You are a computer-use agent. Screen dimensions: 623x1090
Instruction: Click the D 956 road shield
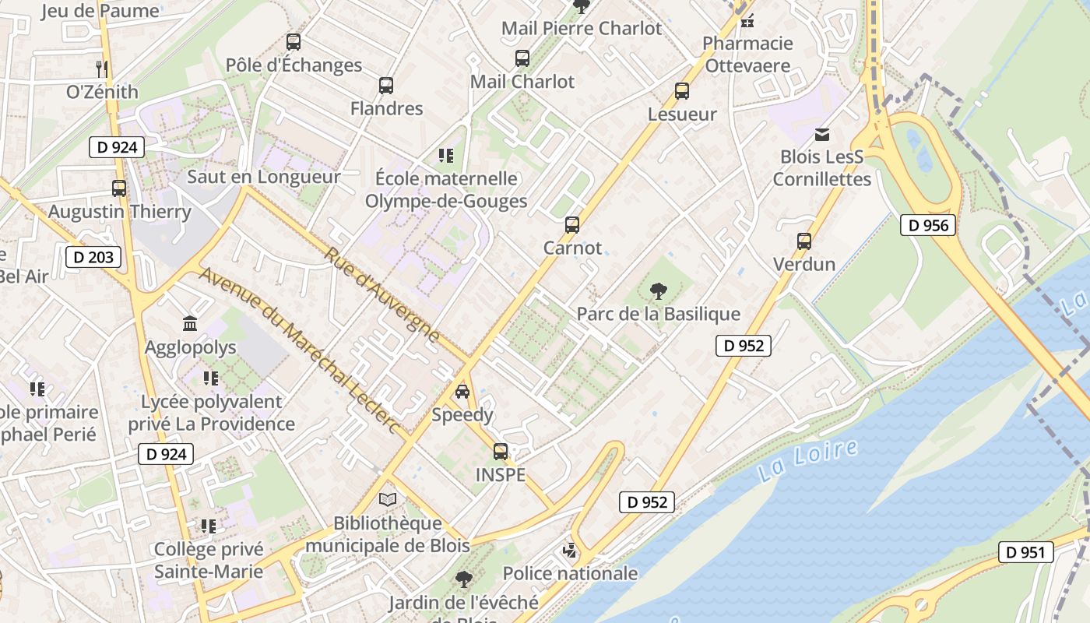(928, 225)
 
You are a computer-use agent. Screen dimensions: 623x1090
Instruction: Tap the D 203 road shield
(93, 257)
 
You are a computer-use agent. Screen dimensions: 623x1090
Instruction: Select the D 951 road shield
(1025, 552)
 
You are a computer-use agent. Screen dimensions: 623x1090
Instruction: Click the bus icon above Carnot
(572, 225)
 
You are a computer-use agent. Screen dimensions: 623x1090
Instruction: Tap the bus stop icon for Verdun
(804, 241)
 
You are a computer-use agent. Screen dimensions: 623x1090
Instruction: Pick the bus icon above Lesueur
(682, 91)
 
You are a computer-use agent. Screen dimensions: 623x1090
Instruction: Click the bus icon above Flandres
(386, 86)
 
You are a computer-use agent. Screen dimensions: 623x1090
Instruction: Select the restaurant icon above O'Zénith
(101, 69)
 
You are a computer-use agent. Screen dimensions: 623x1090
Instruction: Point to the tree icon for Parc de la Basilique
(658, 291)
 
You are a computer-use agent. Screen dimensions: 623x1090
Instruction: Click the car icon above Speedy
(462, 392)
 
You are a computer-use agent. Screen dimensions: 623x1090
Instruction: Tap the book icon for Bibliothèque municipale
(387, 499)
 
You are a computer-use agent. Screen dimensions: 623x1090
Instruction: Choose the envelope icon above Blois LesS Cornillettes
(821, 135)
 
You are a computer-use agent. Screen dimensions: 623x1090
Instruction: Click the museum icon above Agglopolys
(190, 323)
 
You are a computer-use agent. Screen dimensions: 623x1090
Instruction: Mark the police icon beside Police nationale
(570, 551)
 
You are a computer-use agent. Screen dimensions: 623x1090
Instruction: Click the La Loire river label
(807, 460)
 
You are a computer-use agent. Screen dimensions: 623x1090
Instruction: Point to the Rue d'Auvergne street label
(381, 297)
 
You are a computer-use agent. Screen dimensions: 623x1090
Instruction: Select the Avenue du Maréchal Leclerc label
(300, 351)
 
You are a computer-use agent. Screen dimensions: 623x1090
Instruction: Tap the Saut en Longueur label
(264, 177)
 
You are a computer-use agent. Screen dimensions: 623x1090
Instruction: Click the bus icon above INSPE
(501, 451)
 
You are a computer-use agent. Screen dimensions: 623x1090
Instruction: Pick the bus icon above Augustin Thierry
(119, 188)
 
